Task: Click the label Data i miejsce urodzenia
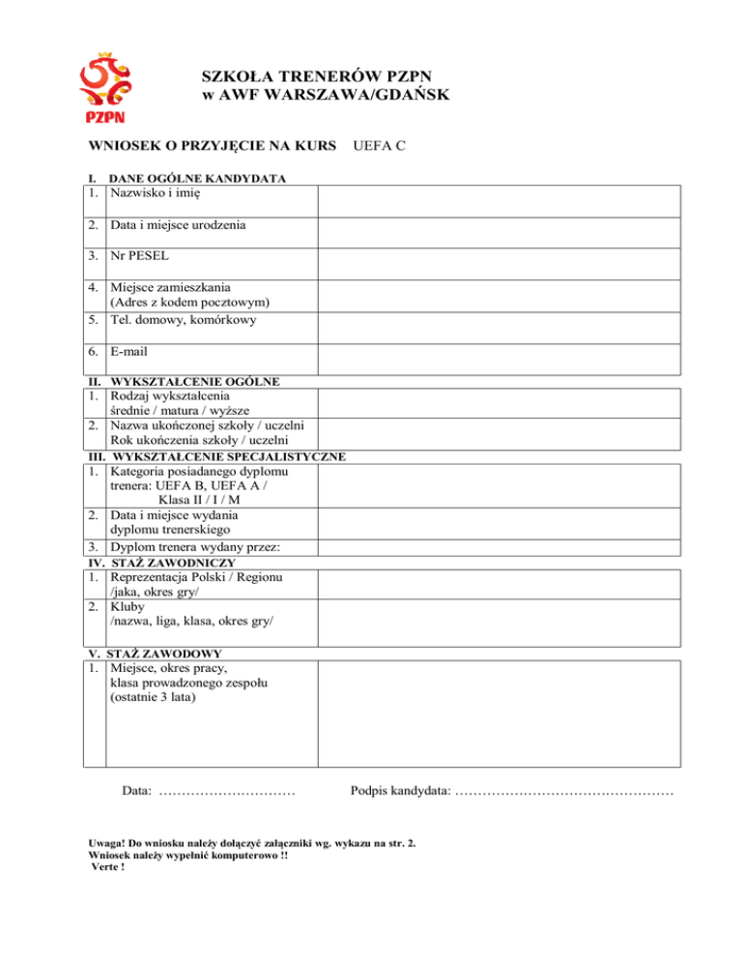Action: (178, 226)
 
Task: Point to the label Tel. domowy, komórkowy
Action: (189, 320)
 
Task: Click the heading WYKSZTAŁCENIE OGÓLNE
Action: (196, 382)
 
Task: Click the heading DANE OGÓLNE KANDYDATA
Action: (198, 179)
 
